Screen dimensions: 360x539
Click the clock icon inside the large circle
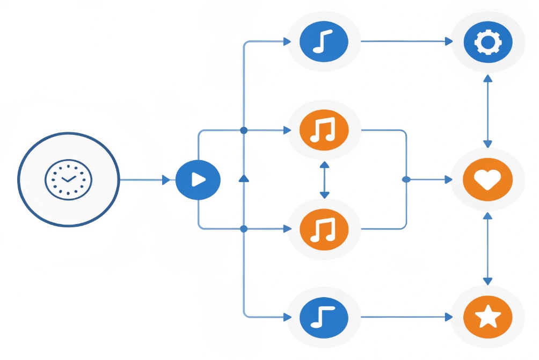click(68, 179)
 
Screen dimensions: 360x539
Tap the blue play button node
click(198, 179)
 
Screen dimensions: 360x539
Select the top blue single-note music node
click(324, 41)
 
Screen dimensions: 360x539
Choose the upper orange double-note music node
click(324, 130)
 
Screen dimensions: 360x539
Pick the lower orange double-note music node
click(324, 229)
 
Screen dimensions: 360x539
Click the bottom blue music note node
click(324, 317)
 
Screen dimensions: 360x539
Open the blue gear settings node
click(487, 42)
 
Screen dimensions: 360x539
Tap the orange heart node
click(487, 179)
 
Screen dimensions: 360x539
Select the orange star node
click(487, 317)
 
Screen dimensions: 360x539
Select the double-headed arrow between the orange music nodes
click(324, 179)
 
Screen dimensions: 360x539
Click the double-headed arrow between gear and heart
click(487, 111)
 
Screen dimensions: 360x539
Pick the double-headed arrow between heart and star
click(487, 248)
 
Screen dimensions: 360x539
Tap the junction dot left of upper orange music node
click(244, 130)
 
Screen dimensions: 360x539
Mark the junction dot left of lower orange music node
click(244, 229)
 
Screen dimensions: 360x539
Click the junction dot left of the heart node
click(406, 179)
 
